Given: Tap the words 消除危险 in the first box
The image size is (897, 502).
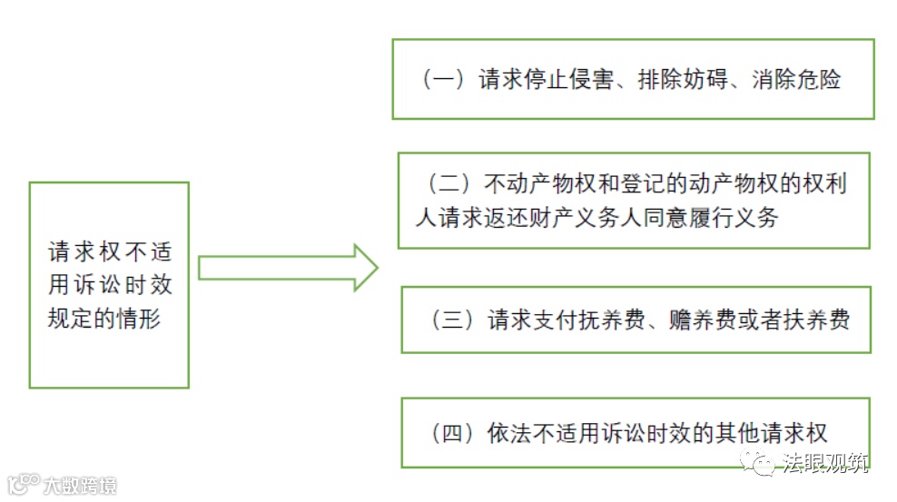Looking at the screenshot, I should coord(796,80).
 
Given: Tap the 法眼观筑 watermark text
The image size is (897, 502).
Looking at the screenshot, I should coord(826,465).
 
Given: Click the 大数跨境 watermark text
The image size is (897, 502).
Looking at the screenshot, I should coord(80,486).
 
